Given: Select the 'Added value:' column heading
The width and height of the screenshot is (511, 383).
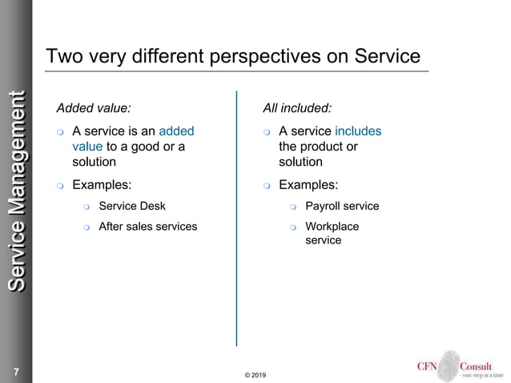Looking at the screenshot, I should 94,107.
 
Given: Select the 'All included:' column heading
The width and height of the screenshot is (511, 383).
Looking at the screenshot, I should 297,107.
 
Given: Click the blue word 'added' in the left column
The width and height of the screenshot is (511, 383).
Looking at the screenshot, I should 176,131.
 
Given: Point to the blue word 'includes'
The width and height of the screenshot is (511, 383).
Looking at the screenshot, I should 358,131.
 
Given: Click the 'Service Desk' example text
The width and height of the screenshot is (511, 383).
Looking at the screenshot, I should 132,206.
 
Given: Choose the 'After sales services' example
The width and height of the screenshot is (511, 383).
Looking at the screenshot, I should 147,227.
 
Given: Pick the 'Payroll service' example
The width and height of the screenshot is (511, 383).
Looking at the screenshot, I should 342,206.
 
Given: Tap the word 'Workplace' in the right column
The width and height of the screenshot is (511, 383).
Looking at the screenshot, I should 332,227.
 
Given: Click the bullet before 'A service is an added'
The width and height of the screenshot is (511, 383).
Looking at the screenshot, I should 60,131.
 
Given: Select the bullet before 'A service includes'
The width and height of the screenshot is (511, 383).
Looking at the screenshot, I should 267,131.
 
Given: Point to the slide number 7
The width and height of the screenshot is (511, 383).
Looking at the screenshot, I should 15,372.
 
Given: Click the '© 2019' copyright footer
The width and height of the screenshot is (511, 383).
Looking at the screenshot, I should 255,375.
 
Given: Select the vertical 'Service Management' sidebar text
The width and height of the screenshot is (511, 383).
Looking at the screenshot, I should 16,192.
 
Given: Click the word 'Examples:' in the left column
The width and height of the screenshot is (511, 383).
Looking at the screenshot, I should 102,185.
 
